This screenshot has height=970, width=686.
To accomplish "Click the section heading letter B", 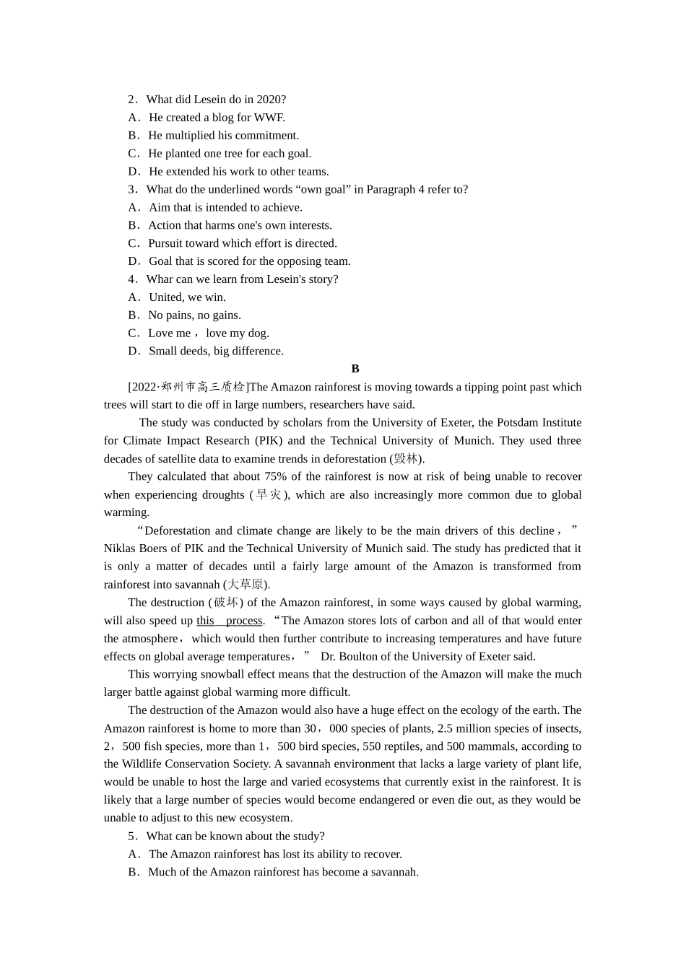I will click(355, 369).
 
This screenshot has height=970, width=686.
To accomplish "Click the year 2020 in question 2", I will click(272, 100).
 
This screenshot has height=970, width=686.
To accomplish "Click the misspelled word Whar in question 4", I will click(159, 279).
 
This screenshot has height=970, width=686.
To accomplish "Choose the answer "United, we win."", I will click(187, 297).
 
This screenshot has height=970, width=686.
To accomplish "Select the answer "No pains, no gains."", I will click(194, 315).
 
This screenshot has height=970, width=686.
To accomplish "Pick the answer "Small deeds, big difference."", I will click(216, 351).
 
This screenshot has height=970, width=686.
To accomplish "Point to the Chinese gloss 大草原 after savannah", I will click(246, 585).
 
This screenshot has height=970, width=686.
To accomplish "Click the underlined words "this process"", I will click(230, 621).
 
